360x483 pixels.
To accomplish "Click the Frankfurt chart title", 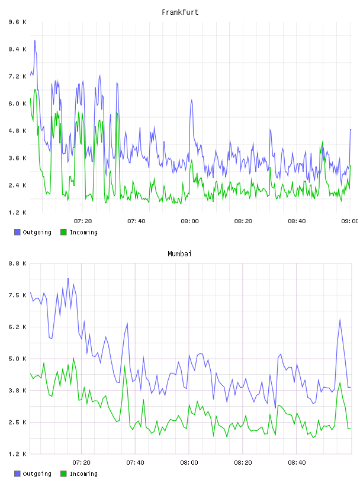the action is coord(180,12).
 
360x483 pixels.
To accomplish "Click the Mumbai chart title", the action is coord(179,254).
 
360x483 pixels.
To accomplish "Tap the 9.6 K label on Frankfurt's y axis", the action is coord(18,22).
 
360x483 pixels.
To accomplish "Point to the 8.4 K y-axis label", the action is coord(18,49).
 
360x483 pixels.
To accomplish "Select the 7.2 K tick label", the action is coord(18,76).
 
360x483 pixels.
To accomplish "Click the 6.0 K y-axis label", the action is coord(18,104).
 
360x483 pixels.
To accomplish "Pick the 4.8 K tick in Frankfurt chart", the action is coord(18,131).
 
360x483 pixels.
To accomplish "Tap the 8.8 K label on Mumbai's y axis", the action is coord(18,263).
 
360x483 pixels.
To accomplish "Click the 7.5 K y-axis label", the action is coord(18,295).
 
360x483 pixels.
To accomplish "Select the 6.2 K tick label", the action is coord(18,327).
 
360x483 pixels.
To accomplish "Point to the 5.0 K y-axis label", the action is coord(18,359).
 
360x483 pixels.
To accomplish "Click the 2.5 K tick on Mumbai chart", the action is coord(18,422).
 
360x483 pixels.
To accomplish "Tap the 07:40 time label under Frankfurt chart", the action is coord(136,221).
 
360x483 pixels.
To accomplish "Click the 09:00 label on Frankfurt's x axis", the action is coord(349,221).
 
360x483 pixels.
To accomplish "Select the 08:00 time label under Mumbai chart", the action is coord(189,462).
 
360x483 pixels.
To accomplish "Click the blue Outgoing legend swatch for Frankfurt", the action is coord(17,232).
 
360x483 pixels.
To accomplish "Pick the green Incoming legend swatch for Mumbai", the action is coord(63,474).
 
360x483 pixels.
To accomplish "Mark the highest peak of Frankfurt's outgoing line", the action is coord(35,41).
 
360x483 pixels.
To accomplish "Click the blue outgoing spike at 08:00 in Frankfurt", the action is coord(191,100).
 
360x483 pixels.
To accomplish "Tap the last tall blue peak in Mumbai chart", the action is coord(340,320).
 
